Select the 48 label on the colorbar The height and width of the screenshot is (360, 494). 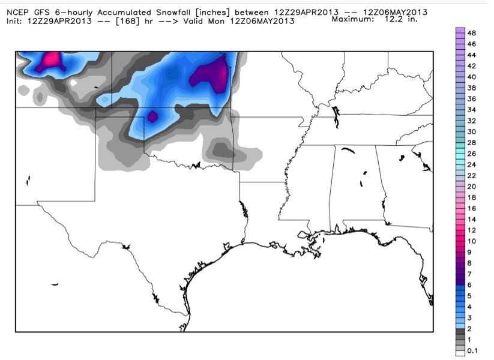[x=471, y=34]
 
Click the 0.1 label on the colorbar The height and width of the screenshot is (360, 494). [x=472, y=351]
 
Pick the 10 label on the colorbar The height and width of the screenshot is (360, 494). [x=471, y=241]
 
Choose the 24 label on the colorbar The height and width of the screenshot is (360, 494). [x=471, y=164]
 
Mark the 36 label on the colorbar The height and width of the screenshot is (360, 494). [x=471, y=98]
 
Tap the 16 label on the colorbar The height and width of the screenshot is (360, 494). [x=471, y=208]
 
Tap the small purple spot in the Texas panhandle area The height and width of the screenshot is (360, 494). [x=152, y=116]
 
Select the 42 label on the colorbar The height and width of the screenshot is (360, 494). [x=471, y=66]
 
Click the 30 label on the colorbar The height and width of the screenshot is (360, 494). [x=471, y=131]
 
